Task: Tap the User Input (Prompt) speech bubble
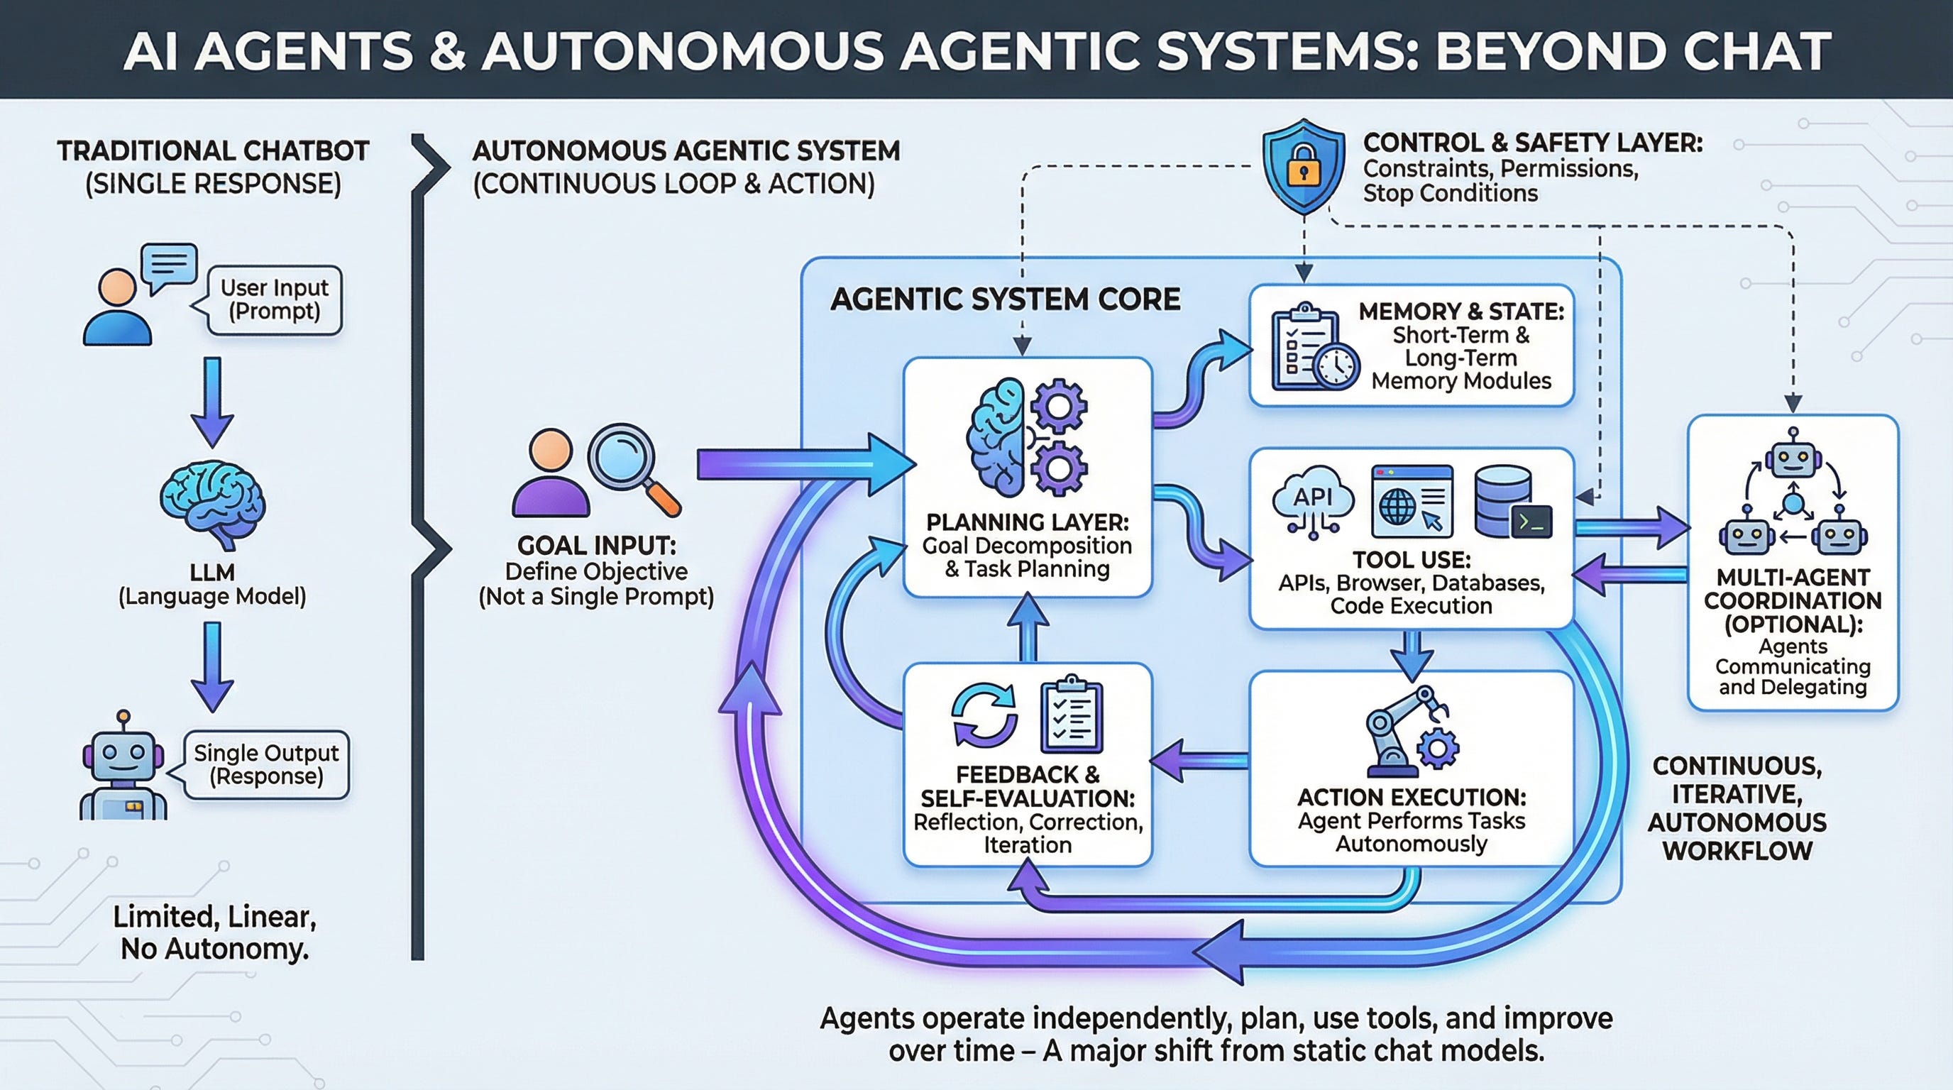(x=274, y=300)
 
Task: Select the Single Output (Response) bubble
(x=265, y=765)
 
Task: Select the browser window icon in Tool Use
(x=1412, y=501)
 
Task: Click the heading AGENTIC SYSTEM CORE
(x=1005, y=299)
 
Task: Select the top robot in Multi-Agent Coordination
(x=1793, y=455)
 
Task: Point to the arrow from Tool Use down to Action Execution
(x=1412, y=652)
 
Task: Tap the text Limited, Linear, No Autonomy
(x=214, y=932)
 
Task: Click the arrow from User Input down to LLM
(x=212, y=402)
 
